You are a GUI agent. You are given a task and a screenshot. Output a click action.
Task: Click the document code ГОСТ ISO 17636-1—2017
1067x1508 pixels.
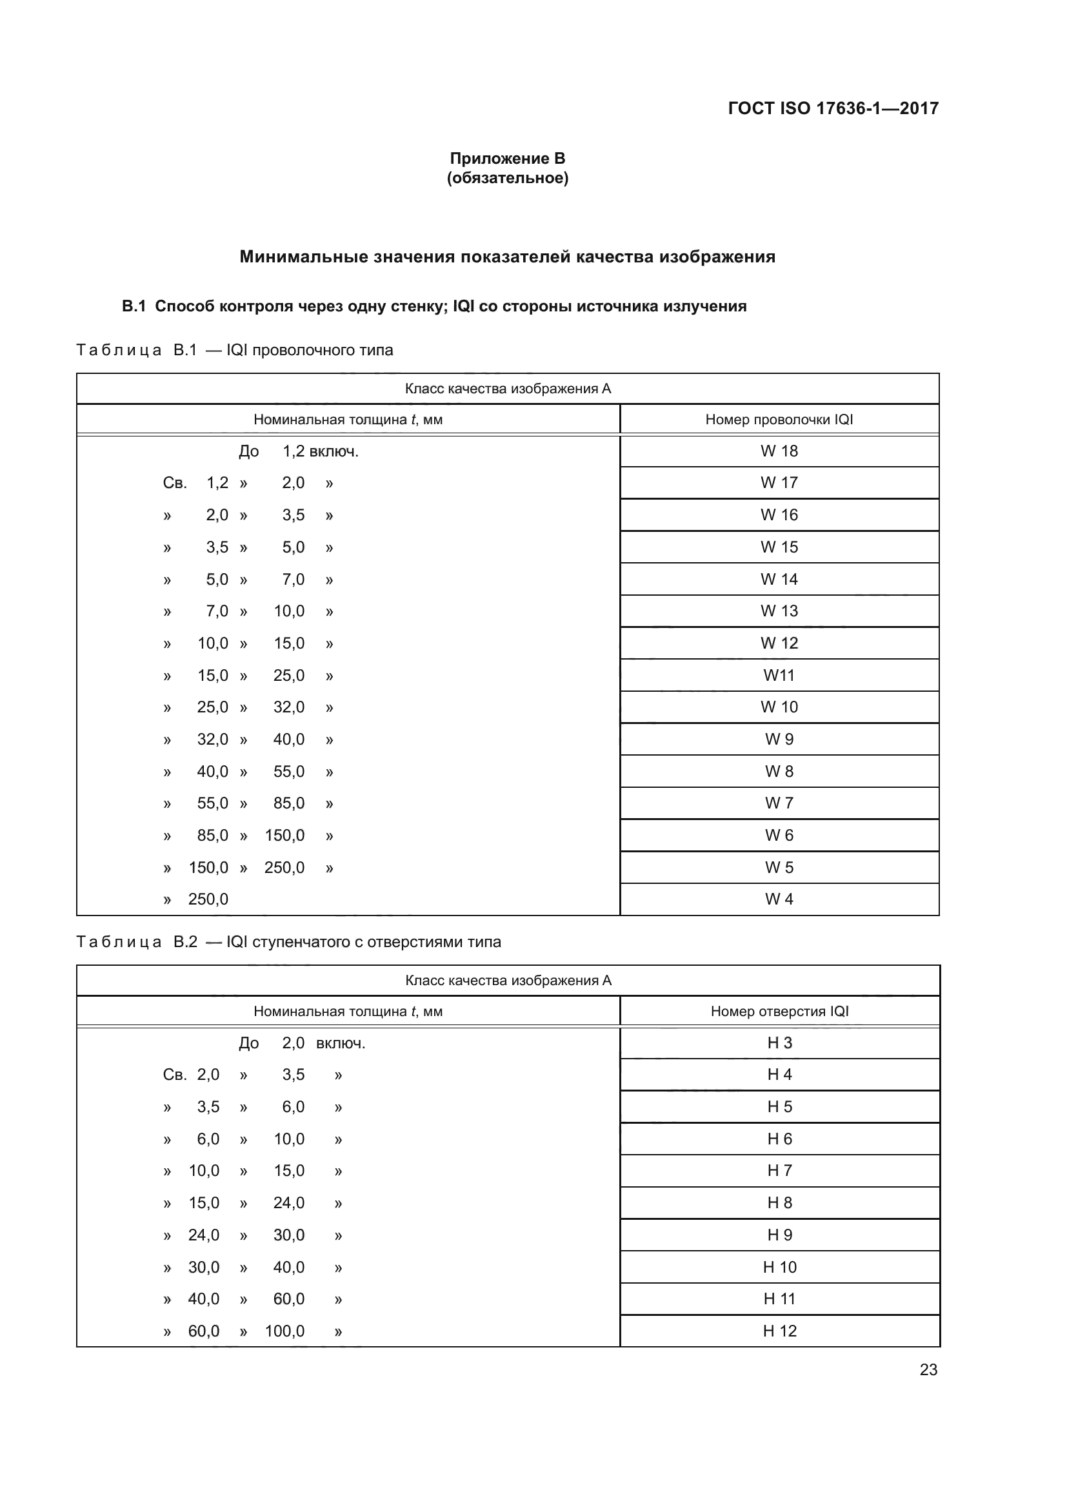pos(832,108)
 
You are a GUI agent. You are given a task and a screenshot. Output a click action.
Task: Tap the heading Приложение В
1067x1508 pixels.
pos(507,159)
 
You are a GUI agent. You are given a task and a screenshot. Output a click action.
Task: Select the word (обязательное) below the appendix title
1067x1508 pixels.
pos(507,178)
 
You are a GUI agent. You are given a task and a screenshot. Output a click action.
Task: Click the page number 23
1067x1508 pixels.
pos(928,1369)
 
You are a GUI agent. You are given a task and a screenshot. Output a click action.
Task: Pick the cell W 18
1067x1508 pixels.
pos(779,451)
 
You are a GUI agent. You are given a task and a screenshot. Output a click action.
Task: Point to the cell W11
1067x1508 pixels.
pos(779,675)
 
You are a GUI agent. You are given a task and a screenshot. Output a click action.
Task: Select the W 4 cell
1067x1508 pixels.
pos(779,899)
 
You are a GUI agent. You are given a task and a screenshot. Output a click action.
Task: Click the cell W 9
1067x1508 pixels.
pos(779,739)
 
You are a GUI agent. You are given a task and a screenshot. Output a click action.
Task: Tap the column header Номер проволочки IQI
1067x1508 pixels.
pos(779,420)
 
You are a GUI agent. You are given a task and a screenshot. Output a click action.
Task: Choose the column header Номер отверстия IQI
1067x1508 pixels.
pos(779,1012)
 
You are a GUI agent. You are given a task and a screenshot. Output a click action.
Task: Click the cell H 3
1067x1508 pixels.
pos(779,1043)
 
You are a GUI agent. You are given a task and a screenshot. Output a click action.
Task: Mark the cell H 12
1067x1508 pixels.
pos(779,1331)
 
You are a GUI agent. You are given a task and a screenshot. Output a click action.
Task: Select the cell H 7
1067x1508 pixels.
pos(779,1170)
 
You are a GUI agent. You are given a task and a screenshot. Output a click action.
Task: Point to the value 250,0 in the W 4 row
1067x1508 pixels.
pos(208,899)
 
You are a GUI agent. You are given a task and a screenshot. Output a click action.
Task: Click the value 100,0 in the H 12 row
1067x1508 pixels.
pos(284,1331)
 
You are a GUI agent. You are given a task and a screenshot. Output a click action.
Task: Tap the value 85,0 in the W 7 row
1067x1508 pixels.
pos(288,803)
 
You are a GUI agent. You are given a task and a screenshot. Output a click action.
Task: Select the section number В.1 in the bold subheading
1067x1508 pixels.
pos(134,306)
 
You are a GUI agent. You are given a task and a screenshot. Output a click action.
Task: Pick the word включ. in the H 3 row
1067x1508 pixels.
pos(341,1044)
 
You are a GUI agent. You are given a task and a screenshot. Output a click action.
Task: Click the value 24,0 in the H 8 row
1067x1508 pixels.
pos(288,1202)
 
